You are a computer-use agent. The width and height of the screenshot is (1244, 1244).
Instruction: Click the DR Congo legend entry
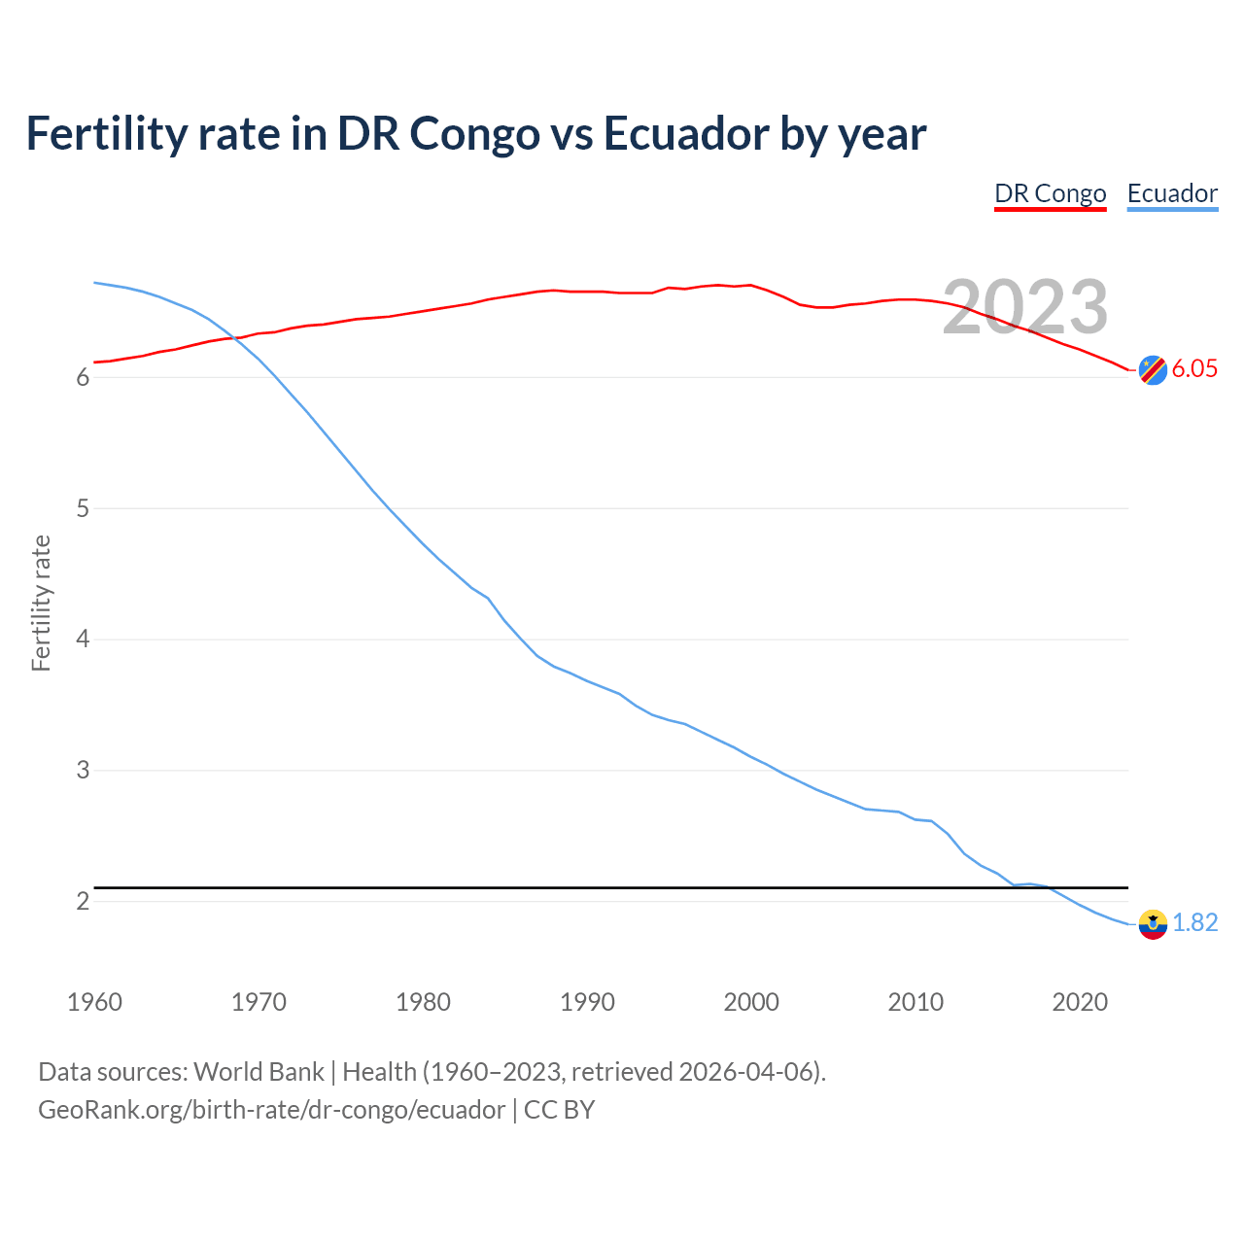point(1050,193)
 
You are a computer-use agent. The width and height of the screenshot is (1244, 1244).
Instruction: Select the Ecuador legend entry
point(1172,193)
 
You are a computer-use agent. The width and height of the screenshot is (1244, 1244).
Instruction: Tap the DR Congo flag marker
point(1153,370)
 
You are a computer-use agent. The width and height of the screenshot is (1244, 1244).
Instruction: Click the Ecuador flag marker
point(1153,924)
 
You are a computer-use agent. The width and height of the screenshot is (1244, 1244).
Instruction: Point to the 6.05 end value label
point(1194,369)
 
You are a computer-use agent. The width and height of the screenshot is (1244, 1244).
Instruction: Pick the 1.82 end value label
point(1194,923)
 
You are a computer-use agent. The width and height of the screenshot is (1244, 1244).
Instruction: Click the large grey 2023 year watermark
point(1025,307)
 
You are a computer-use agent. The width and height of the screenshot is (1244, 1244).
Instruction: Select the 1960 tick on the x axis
point(94,1002)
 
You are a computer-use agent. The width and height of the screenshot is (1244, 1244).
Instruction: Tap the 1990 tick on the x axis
point(587,1002)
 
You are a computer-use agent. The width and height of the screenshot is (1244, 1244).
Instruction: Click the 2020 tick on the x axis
point(1080,1002)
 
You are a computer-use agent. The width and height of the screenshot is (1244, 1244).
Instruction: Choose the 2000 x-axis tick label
point(751,1002)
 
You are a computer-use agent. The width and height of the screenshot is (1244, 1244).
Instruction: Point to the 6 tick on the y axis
point(83,377)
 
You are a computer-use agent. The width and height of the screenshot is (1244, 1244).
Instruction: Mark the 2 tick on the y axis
point(83,902)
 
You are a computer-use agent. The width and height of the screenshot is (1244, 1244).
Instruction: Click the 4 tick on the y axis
point(83,639)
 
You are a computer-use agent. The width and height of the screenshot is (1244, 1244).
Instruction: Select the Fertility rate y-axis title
point(41,603)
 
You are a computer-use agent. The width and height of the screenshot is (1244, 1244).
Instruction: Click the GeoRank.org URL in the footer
point(271,1110)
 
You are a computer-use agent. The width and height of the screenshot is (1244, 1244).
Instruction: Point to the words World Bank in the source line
point(259,1072)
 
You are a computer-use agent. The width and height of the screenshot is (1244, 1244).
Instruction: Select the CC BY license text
point(559,1110)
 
